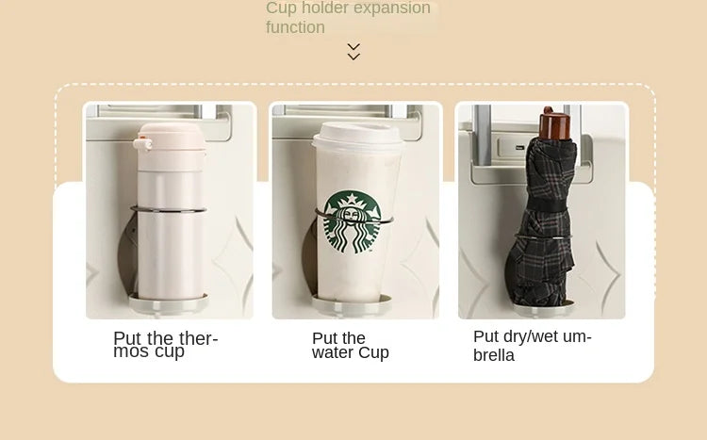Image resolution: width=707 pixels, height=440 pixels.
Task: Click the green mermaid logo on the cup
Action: (x=353, y=221)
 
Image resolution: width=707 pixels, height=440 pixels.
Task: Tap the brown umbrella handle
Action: (x=554, y=123)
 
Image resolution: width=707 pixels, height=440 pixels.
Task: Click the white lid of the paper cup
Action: (x=357, y=135)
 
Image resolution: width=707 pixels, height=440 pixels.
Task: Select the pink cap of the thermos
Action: (x=172, y=137)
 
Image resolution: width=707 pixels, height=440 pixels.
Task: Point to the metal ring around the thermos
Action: (x=169, y=209)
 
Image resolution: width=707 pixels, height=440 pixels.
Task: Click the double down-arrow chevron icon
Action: (x=353, y=52)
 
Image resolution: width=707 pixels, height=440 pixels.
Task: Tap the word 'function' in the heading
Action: (x=295, y=27)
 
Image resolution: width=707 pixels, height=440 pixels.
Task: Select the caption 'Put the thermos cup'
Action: (x=166, y=345)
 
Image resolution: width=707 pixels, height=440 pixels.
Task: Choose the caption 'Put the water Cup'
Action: (x=351, y=346)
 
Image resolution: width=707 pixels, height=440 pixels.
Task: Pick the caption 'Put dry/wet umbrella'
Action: (x=532, y=346)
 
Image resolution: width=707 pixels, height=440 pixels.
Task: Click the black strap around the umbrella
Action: (x=546, y=205)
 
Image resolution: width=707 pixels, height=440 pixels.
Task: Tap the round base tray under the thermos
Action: (x=169, y=302)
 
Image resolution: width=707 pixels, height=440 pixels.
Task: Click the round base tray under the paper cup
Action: (x=352, y=304)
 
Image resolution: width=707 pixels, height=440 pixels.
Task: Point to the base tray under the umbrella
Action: (x=543, y=308)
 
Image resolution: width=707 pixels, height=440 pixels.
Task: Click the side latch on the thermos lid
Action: (x=142, y=144)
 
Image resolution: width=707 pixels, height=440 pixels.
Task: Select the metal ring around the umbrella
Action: (x=543, y=237)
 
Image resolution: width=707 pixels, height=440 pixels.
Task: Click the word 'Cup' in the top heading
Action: (x=281, y=8)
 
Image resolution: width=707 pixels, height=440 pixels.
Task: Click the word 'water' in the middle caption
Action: (x=331, y=352)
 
